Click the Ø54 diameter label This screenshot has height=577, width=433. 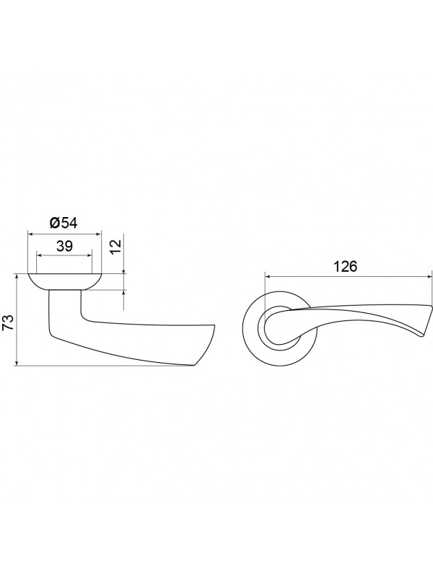tap(64, 223)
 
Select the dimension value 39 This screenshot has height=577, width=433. tap(64, 246)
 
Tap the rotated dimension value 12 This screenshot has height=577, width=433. tap(115, 245)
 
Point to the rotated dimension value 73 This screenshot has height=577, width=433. tap(9, 322)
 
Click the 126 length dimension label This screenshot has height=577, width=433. tap(346, 266)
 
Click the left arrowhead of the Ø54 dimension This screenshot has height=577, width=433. tap(31, 234)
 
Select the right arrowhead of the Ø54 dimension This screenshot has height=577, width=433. tap(97, 234)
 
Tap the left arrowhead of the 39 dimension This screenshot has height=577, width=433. tap(40, 255)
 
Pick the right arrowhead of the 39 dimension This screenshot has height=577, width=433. tap(88, 255)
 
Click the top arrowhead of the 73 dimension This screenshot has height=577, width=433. tap(17, 277)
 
